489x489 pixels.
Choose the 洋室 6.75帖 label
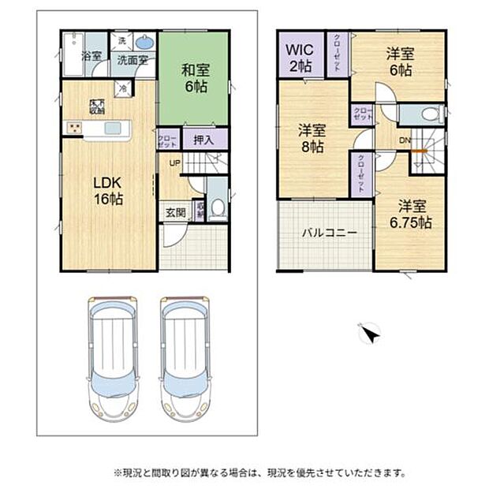[412, 214]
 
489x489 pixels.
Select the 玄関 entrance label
[175, 212]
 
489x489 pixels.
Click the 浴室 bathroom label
[91, 56]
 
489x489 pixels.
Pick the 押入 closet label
[204, 139]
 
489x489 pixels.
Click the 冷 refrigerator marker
[123, 89]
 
